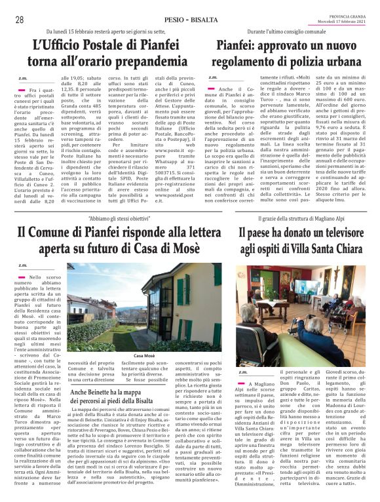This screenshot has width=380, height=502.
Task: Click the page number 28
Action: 20,20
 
